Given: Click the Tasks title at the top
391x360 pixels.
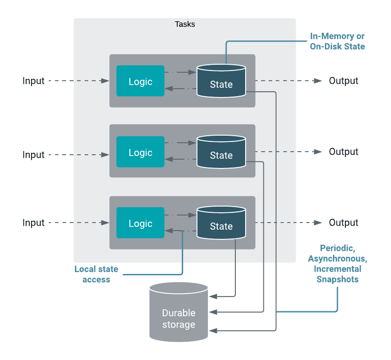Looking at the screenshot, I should [x=184, y=24].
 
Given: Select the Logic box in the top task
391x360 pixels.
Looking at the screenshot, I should [x=140, y=81].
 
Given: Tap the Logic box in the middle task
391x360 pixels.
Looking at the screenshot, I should [x=140, y=152].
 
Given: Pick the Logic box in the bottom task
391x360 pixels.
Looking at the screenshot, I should [x=140, y=223].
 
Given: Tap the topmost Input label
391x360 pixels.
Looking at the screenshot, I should [x=34, y=81].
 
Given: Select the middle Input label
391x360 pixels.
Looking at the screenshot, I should [x=34, y=155].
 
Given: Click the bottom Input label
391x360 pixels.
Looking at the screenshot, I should [x=34, y=223].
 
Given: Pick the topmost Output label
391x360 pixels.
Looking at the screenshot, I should [x=344, y=81].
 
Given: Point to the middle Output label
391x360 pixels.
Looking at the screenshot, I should [x=344, y=152].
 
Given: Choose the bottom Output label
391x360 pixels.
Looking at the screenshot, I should [x=344, y=223].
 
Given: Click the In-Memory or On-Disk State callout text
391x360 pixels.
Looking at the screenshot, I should [x=337, y=41].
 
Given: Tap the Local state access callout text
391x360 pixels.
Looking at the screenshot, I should [x=96, y=274].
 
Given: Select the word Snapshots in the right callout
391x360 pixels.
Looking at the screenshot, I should [x=337, y=279].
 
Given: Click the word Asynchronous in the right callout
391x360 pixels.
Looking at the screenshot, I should [x=337, y=258].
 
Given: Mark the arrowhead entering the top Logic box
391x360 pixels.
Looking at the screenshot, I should [x=106, y=81].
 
